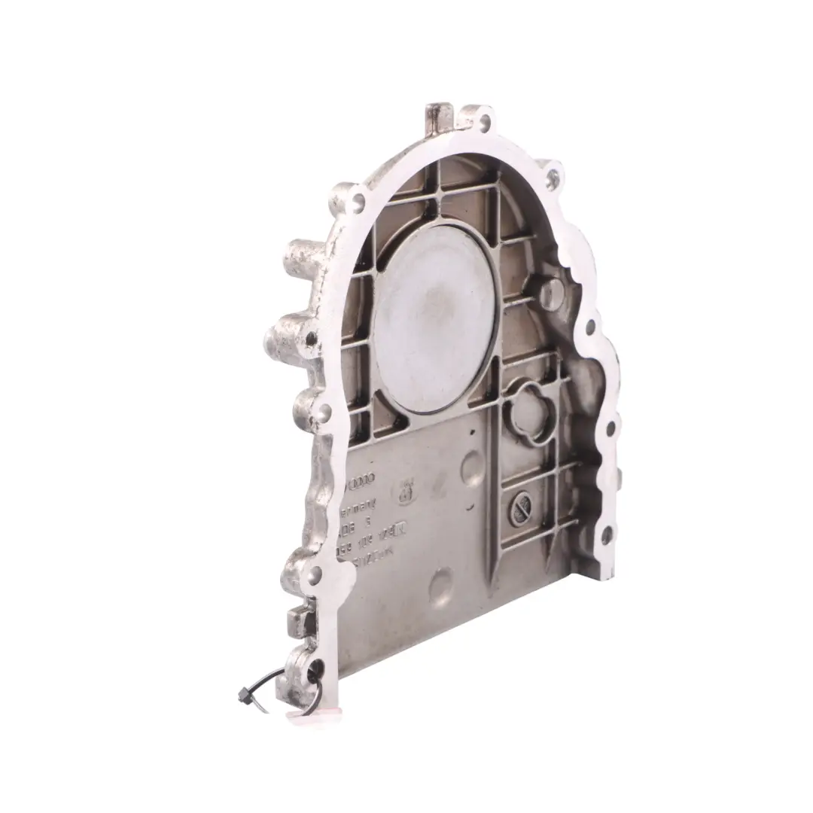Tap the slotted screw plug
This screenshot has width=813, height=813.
[522, 508]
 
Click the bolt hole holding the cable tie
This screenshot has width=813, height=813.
[315, 667]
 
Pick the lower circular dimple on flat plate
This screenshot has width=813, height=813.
[441, 583]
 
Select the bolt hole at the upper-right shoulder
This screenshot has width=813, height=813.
[554, 178]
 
